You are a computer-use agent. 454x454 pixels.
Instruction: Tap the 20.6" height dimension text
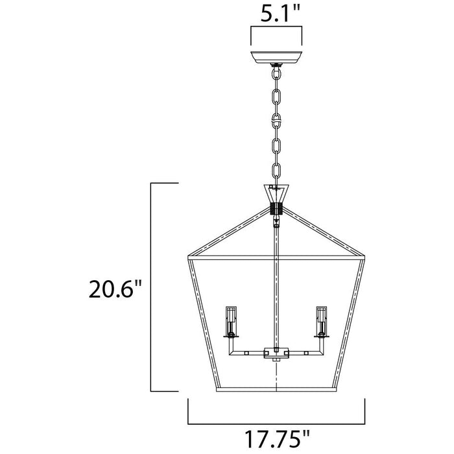[x=115, y=289]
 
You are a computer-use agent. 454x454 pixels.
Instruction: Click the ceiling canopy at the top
[x=276, y=57]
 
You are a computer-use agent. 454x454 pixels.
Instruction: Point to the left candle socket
[x=231, y=322]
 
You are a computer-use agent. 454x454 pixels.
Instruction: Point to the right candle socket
[x=322, y=322]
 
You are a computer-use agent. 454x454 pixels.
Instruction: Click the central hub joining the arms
[x=276, y=353]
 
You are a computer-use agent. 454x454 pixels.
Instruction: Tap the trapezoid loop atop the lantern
[x=276, y=193]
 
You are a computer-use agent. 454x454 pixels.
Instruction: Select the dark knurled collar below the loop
[x=276, y=208]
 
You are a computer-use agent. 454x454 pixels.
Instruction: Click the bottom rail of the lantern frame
[x=276, y=389]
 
